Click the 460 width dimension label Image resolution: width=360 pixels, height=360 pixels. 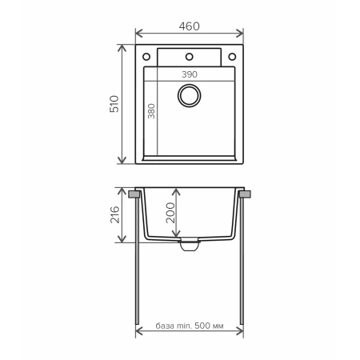(189, 26)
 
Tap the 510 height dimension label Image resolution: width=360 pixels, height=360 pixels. (114, 104)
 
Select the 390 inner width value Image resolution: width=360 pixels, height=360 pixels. (189, 74)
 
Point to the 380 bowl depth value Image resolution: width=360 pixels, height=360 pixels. (150, 112)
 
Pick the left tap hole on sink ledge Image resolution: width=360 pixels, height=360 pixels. (148, 57)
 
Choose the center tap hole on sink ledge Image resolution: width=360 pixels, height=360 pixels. (190, 57)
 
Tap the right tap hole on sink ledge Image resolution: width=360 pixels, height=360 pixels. (232, 57)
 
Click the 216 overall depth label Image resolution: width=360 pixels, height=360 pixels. (114, 214)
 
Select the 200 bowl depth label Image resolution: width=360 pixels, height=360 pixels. (170, 213)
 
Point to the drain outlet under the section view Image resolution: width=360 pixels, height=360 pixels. (190, 246)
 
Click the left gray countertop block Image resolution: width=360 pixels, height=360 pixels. (131, 194)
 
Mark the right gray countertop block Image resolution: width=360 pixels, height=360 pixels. (247, 194)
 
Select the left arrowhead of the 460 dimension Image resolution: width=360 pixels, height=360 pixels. (138, 34)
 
